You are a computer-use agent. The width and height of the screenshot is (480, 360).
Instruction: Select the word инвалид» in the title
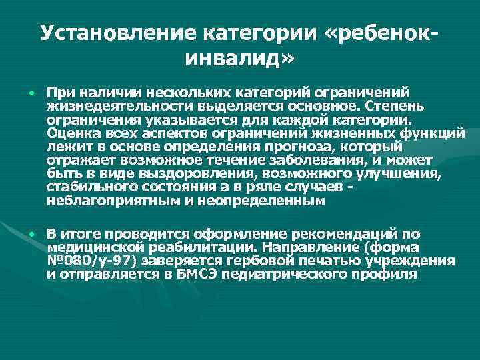pyautogui.click(x=239, y=61)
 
